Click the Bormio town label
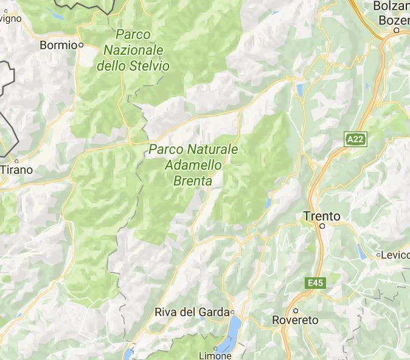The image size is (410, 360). (x=58, y=44)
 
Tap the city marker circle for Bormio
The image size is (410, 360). (x=80, y=44)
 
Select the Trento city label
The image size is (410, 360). (x=322, y=216)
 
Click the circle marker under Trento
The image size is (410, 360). (x=323, y=226)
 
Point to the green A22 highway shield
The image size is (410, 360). (x=355, y=139)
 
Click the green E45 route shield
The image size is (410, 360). (x=314, y=283)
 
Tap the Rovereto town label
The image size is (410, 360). (x=295, y=320)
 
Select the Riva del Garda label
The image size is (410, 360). (x=192, y=312)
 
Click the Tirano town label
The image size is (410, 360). (x=16, y=170)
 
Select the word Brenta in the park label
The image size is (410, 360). (x=193, y=181)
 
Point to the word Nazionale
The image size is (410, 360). (x=134, y=49)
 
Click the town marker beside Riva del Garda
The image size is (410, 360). (x=232, y=312)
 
